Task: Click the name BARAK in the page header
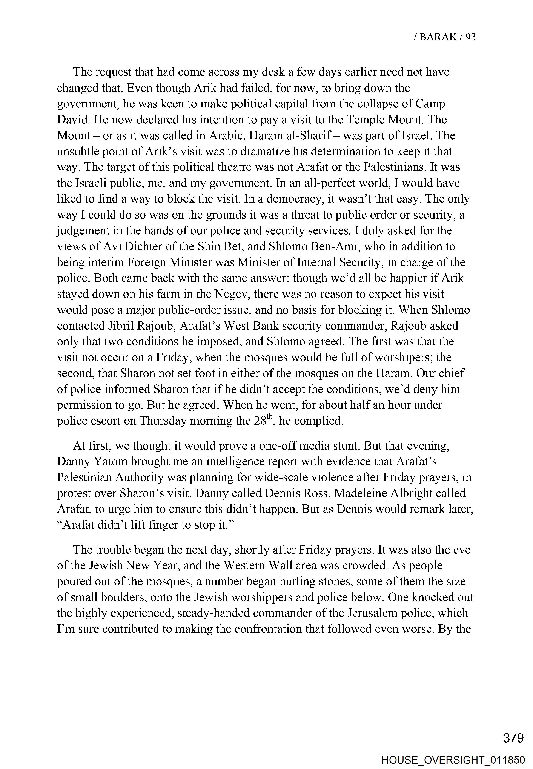438,37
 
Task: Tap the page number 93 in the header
470,37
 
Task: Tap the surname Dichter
129,247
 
